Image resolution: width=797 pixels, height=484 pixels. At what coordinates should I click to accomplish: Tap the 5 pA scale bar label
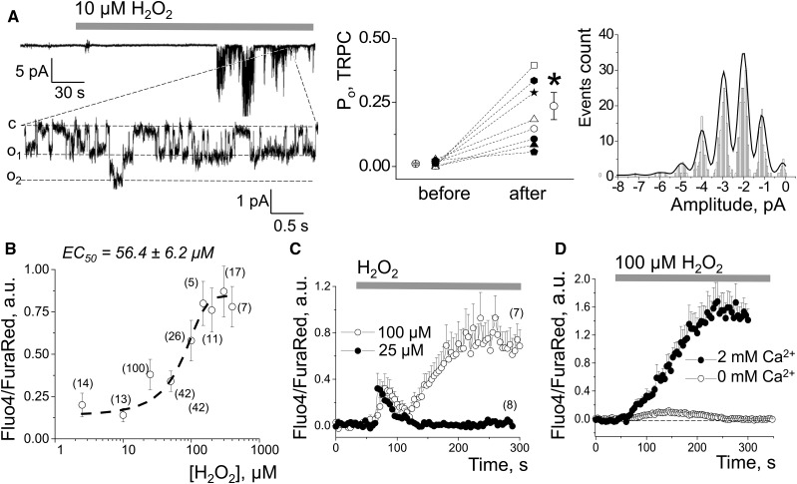(x=33, y=72)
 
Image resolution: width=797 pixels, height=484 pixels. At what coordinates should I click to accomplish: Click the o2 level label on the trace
(x=13, y=180)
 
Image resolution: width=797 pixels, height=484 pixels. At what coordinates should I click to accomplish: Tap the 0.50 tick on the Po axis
(x=383, y=37)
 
